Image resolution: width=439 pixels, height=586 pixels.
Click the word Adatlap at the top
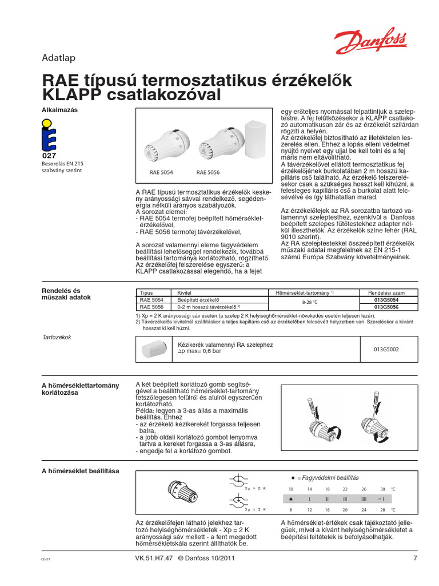pyautogui.click(x=59, y=57)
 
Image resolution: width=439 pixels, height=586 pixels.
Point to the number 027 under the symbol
pyautogui.click(x=50, y=156)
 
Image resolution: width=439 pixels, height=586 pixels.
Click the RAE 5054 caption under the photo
pyautogui.click(x=162, y=172)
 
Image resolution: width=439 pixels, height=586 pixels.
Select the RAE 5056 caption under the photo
pyautogui.click(x=209, y=172)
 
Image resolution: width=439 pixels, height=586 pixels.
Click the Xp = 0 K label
pyautogui.click(x=256, y=488)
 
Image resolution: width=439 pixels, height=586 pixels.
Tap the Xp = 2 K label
pyautogui.click(x=256, y=509)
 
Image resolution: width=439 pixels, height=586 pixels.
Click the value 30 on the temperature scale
pyautogui.click(x=382, y=489)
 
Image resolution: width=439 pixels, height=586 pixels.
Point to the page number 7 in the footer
pyautogui.click(x=415, y=559)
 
